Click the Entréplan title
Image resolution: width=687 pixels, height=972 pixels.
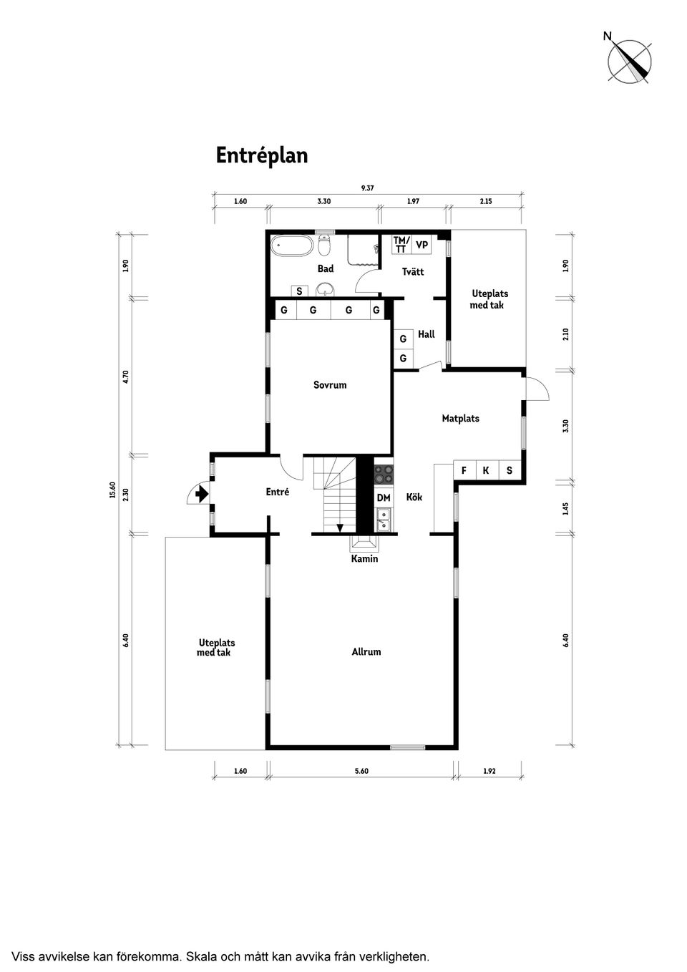[x=262, y=156]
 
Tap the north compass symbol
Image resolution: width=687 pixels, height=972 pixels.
[x=628, y=60]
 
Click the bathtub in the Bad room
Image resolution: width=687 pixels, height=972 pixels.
[x=292, y=246]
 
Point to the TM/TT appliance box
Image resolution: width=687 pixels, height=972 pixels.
[x=401, y=245]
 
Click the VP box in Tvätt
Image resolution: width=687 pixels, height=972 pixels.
[x=422, y=245]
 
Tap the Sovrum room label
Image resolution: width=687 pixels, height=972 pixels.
[x=330, y=385]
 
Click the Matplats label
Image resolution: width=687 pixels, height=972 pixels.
[x=461, y=418]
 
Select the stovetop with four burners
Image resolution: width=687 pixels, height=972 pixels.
[x=384, y=474]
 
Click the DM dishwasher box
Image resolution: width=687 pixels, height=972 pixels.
[x=384, y=497]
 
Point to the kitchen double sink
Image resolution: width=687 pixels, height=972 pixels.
[x=384, y=520]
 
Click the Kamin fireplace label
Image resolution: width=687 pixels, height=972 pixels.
[x=365, y=559]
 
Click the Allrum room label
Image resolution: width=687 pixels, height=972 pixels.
[x=366, y=652]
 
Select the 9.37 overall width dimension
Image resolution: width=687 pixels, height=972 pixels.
[x=367, y=188]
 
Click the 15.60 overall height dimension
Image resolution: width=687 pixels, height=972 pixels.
[x=113, y=491]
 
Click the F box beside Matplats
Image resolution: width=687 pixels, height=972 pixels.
[x=464, y=470]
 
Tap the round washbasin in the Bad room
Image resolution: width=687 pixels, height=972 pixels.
[x=325, y=289]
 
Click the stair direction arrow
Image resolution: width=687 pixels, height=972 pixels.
[x=340, y=528]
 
